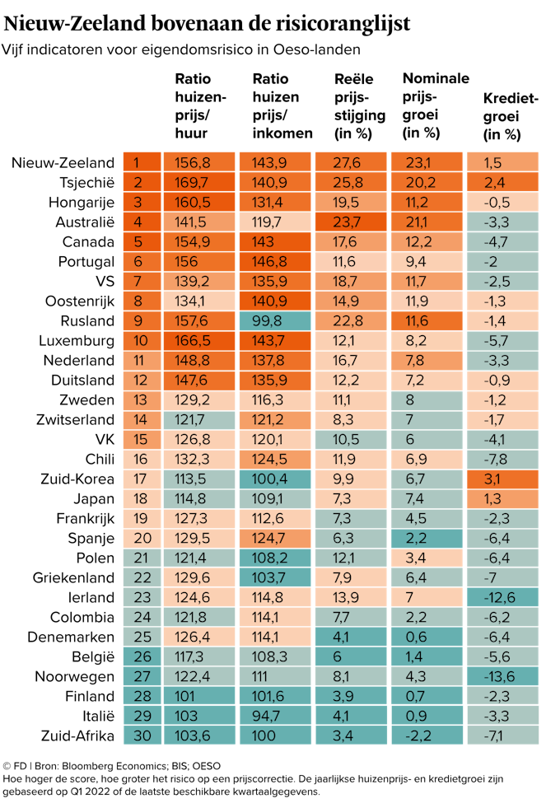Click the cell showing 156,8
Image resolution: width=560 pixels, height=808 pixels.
(199, 162)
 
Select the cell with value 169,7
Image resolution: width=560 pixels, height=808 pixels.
(199, 182)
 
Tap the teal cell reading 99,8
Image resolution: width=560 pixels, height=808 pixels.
(275, 320)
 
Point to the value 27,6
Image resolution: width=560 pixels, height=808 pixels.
(350, 162)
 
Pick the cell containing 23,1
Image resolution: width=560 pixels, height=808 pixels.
(426, 162)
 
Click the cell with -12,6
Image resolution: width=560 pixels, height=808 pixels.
(502, 597)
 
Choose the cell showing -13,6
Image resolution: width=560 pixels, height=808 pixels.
(502, 676)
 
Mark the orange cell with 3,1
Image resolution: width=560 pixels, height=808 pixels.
(502, 479)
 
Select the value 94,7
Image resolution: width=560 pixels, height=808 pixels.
(275, 716)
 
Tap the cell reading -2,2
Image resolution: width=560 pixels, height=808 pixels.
(426, 736)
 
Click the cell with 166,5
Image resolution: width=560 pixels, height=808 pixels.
(199, 340)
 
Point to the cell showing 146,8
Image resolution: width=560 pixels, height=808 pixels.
(275, 261)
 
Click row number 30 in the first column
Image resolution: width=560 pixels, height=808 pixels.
(142, 736)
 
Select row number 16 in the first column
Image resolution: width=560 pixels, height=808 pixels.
(142, 459)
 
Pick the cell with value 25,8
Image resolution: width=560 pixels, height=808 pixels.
(350, 182)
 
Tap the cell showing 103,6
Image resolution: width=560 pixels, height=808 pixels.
(199, 736)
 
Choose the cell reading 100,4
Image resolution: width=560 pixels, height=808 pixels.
(275, 479)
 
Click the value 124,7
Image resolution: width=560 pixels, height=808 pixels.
(275, 538)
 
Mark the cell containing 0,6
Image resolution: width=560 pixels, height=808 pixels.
(426, 637)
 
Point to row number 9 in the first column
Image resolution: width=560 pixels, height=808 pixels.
(142, 320)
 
